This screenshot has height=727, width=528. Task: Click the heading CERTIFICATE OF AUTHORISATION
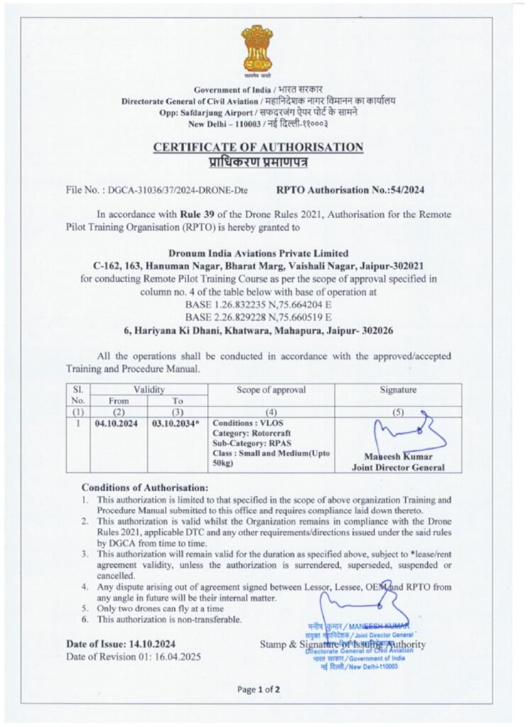pos(258,147)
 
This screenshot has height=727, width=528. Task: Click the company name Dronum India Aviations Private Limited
pos(258,253)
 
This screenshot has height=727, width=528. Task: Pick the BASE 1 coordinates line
pos(258,304)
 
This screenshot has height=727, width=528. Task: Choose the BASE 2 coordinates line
pos(258,316)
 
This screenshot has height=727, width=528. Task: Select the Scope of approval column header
pos(271,390)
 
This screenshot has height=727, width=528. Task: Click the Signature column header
pos(398,390)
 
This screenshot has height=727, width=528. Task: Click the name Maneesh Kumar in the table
pos(397,457)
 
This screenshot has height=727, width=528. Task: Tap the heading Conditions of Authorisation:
pos(145,488)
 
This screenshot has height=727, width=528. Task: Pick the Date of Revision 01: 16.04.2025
pos(133,657)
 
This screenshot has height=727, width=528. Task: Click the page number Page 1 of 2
pos(259,689)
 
